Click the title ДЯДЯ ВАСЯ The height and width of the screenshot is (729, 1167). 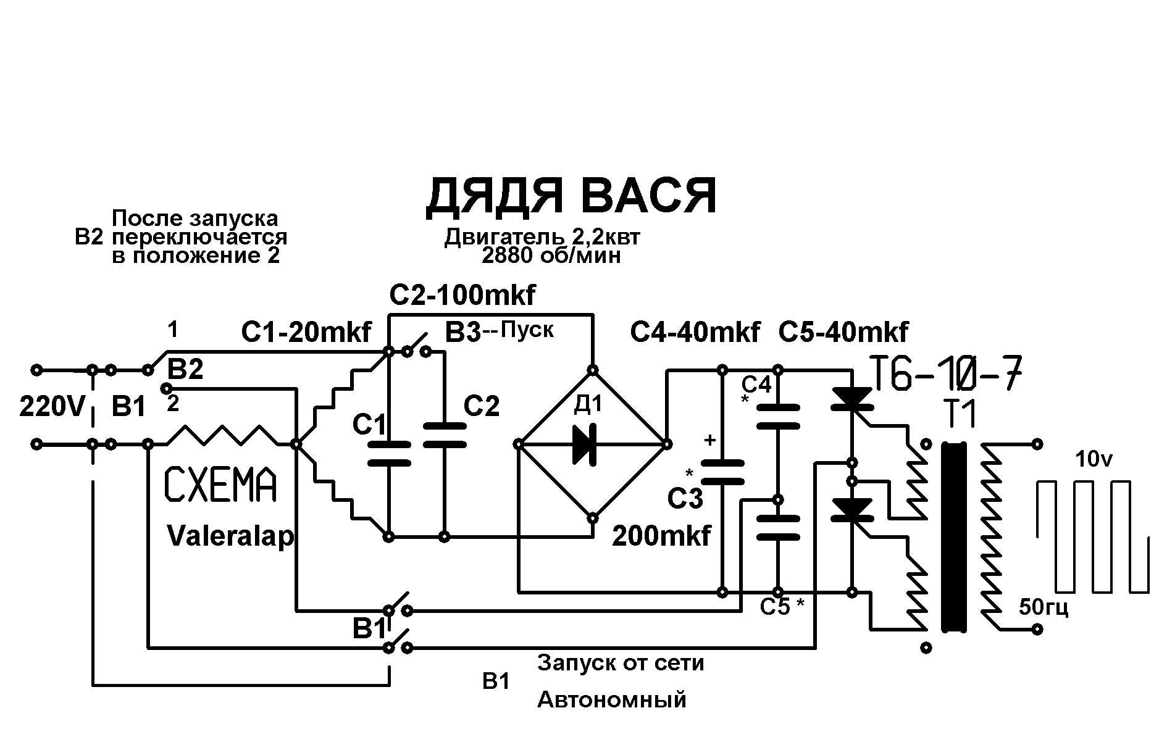point(571,196)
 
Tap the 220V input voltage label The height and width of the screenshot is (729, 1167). point(51,407)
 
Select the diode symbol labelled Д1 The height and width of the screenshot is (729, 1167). point(583,444)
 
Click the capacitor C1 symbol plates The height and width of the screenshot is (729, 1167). point(388,453)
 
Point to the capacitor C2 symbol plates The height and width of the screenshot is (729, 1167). point(444,435)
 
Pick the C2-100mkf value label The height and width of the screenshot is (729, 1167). point(462,296)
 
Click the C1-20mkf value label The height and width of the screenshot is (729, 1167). point(306,333)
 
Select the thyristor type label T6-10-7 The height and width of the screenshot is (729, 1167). point(946,373)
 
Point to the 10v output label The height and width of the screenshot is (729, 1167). point(1094,459)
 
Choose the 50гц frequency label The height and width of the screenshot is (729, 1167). point(1044,608)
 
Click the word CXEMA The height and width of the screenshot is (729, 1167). point(220,485)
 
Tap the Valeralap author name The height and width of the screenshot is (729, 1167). point(230,536)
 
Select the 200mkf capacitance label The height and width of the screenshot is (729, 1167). point(661,536)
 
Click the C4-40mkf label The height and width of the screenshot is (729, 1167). point(695,333)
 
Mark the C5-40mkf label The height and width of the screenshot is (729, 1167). point(843,333)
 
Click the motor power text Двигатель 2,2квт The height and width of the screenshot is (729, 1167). point(542,237)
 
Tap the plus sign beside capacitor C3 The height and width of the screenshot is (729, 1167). point(710,440)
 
